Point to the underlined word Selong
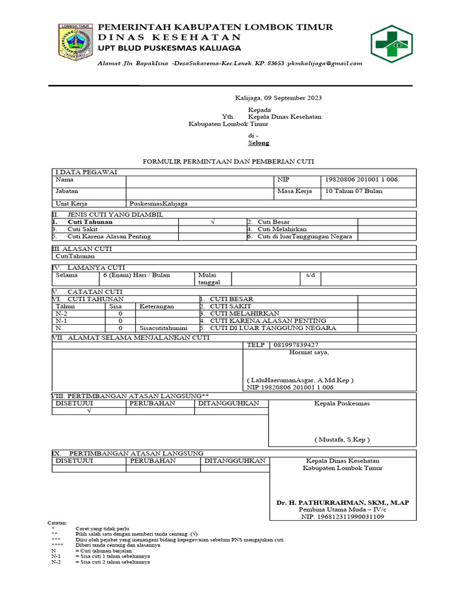258,143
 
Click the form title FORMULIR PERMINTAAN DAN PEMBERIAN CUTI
229,161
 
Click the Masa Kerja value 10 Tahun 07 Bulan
353,191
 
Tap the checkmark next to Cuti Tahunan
212,221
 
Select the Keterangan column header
157,306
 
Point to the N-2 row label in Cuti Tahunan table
61,313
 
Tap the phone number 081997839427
295,345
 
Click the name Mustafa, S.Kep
341,440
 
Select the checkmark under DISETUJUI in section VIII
88,411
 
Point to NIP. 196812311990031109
341,517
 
